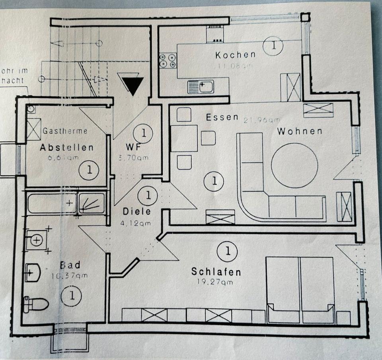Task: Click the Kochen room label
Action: tap(235, 54)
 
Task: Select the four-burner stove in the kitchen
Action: tap(168, 60)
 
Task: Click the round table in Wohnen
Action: tap(294, 165)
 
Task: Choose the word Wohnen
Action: tap(300, 131)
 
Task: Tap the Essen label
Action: tap(222, 117)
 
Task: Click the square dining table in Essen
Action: tap(184, 138)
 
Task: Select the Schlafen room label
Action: tap(216, 272)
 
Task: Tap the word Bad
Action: tap(70, 265)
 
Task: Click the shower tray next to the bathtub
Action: tap(92, 203)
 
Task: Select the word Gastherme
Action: tap(65, 130)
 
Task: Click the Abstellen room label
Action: tap(66, 148)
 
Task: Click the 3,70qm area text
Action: tap(134, 158)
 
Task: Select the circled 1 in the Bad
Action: tap(72, 296)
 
